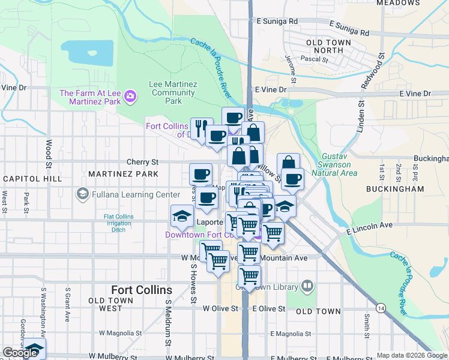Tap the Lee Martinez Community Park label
[173, 93]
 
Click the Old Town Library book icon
[307, 286]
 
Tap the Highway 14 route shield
[381, 307]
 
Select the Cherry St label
[142, 162]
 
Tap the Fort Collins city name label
[142, 290]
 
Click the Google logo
[20, 353]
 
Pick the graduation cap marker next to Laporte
[181, 217]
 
